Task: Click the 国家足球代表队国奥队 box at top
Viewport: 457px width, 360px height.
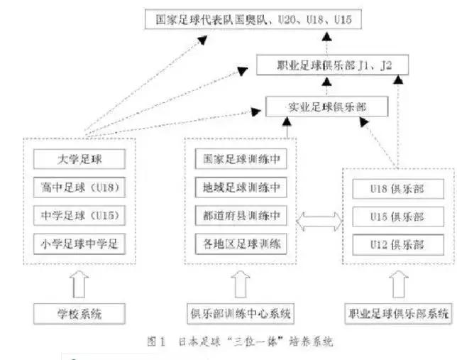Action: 254,19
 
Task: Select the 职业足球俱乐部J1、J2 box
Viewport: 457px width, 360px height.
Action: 333,66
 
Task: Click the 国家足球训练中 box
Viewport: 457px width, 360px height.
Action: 240,159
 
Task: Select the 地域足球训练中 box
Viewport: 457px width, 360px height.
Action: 240,187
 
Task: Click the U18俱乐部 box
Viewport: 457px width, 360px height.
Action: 398,190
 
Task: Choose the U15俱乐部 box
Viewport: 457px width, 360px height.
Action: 398,217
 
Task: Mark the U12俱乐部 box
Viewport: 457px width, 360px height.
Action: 398,244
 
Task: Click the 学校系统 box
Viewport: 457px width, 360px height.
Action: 79,312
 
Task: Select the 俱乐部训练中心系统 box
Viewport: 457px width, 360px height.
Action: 240,312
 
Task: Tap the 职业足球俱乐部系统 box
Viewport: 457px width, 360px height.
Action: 398,312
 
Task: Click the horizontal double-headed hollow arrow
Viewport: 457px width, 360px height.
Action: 319,217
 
